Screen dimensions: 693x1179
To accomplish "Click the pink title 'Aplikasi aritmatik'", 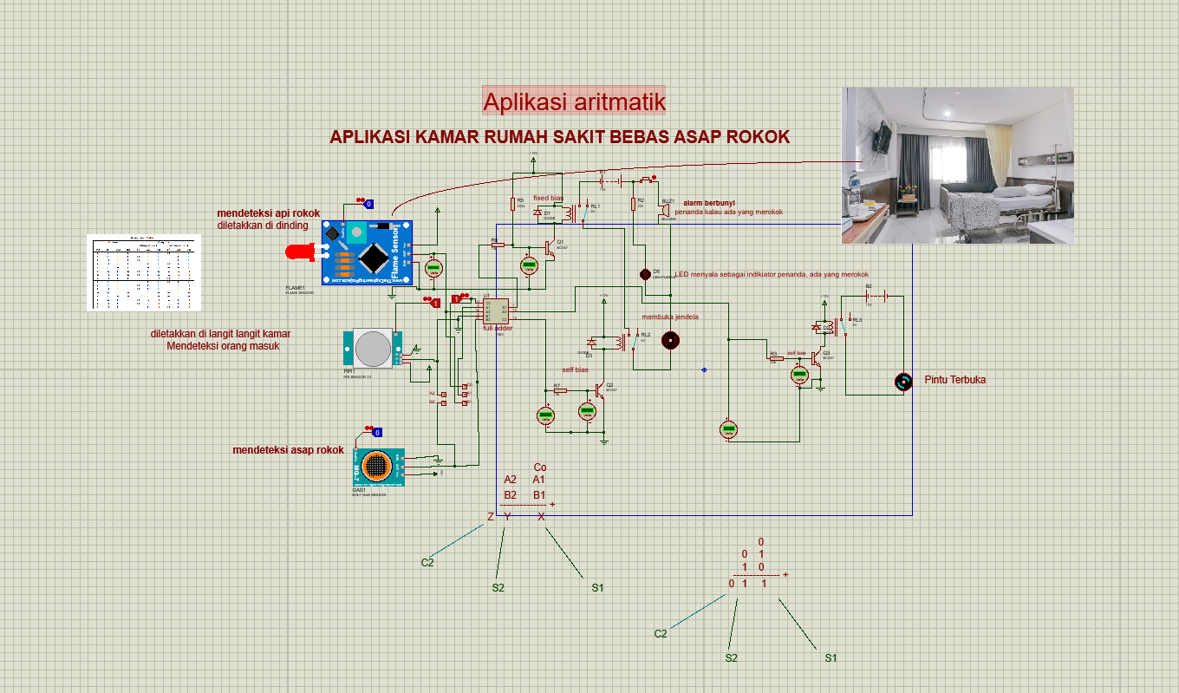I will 574,101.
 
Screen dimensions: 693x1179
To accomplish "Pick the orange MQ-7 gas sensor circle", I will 375,466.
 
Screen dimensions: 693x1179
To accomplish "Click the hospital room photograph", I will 958,165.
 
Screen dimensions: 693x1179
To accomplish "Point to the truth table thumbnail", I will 144,272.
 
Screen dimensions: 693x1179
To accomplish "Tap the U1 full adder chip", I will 496,310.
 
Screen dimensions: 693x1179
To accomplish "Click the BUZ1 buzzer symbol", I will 665,210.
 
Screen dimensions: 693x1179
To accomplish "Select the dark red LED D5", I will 645,274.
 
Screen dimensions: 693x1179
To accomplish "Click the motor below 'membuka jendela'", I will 668,339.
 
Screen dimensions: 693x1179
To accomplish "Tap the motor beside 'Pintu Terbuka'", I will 902,382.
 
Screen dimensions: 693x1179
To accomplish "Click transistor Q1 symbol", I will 550,248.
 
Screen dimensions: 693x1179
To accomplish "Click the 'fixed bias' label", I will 548,199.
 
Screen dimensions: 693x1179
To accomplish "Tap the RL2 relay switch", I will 636,341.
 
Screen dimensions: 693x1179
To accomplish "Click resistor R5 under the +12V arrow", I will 512,205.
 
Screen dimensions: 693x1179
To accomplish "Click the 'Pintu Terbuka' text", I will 954,380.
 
